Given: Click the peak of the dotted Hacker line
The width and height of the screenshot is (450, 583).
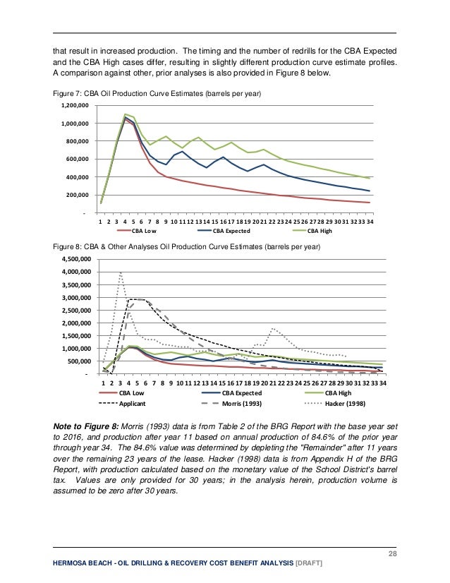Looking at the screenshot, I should click(121, 272).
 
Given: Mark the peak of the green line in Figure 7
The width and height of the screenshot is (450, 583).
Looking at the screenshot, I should click(125, 114).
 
